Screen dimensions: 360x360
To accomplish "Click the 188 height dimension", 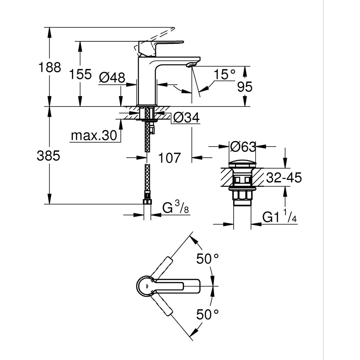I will [x=50, y=67].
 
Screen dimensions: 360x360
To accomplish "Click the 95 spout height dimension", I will [x=244, y=87].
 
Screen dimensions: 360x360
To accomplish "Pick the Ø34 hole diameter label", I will [x=186, y=117].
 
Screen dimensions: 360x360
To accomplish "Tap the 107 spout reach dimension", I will [x=169, y=157].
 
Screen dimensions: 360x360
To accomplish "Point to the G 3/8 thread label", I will [x=176, y=208].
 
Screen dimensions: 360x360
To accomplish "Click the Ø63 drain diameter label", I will [x=242, y=147].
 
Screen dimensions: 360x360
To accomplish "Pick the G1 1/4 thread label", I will [x=279, y=217].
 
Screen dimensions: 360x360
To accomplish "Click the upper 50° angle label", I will [x=208, y=258].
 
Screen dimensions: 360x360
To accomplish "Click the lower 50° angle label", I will [x=208, y=314].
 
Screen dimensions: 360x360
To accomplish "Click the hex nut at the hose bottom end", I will [x=147, y=201].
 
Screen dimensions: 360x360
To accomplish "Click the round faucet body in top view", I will [x=146, y=287].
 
